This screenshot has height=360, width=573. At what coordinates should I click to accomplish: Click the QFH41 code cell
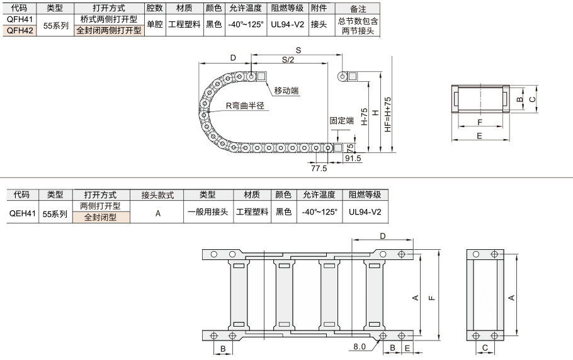tap(20, 19)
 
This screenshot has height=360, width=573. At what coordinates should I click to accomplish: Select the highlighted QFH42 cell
tap(20, 30)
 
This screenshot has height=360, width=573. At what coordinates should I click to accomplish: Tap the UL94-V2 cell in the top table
tap(288, 25)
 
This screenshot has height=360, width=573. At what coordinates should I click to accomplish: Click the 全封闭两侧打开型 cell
tap(109, 30)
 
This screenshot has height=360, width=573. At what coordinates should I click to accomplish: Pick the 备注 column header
tap(358, 8)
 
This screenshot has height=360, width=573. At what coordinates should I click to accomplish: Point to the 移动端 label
tap(286, 91)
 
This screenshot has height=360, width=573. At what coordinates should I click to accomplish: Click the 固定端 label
tap(342, 120)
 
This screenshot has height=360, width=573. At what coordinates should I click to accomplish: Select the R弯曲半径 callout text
tap(245, 106)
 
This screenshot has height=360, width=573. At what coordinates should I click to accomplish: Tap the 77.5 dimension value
tap(319, 168)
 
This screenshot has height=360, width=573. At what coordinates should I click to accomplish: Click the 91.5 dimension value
tap(353, 159)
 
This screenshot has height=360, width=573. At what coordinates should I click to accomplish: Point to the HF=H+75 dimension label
tap(388, 115)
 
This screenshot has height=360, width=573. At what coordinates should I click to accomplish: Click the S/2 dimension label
tap(288, 60)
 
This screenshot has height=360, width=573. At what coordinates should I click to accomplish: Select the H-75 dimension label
tap(365, 117)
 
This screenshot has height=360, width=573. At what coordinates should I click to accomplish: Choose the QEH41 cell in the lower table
tap(23, 213)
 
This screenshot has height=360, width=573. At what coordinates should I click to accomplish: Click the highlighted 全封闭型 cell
tap(101, 217)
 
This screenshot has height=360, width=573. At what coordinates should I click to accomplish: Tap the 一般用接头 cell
tap(208, 211)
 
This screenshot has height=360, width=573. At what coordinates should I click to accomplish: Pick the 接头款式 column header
tap(157, 195)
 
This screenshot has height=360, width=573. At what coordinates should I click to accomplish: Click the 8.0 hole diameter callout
tap(360, 347)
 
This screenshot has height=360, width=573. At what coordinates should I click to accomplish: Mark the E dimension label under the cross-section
tap(479, 136)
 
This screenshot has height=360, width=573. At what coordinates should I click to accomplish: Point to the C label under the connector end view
tap(485, 348)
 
